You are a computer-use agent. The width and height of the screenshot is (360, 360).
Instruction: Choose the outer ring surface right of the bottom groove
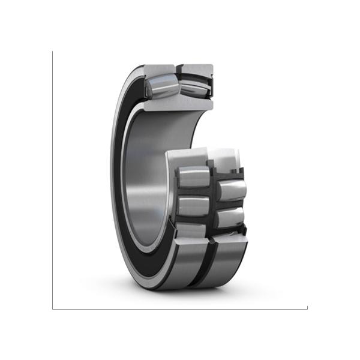[225, 255]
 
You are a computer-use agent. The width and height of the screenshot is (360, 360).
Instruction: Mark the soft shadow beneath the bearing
[180, 293]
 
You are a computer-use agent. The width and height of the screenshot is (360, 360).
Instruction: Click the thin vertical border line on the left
[52, 180]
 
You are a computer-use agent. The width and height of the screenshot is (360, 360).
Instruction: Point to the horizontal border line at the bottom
[180, 309]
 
